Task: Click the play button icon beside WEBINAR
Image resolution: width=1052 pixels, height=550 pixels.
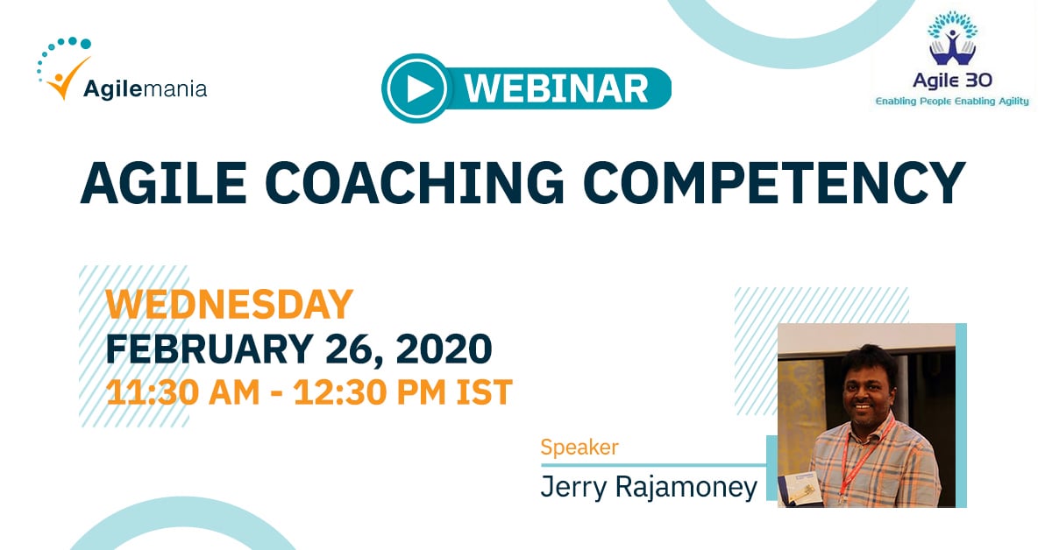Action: click(415, 88)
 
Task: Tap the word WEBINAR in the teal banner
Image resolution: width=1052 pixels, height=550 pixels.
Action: click(557, 88)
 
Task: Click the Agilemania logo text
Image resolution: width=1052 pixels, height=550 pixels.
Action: click(146, 89)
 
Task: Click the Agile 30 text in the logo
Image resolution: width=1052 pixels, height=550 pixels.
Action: click(952, 81)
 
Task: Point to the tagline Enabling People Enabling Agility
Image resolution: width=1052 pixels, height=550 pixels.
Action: click(952, 101)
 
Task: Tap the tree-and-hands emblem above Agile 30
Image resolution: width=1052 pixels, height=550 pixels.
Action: click(952, 39)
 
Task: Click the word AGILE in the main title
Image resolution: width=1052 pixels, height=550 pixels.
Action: click(163, 183)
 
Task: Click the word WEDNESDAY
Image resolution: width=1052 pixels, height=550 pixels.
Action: click(229, 305)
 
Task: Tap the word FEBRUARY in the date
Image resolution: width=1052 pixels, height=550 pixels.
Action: click(210, 349)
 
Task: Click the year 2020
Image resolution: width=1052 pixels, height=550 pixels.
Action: click(444, 349)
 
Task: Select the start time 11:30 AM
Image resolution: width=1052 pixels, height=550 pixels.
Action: click(182, 391)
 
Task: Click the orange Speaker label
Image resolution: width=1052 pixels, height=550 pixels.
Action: click(579, 448)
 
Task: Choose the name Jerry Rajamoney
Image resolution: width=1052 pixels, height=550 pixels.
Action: click(649, 487)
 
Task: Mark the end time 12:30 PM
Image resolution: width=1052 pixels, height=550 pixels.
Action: click(370, 391)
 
